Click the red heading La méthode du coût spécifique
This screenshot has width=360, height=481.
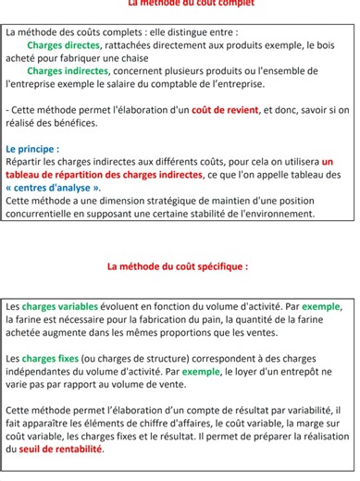(178, 266)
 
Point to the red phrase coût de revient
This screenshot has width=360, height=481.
(226, 109)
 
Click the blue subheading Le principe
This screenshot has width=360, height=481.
(31, 148)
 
